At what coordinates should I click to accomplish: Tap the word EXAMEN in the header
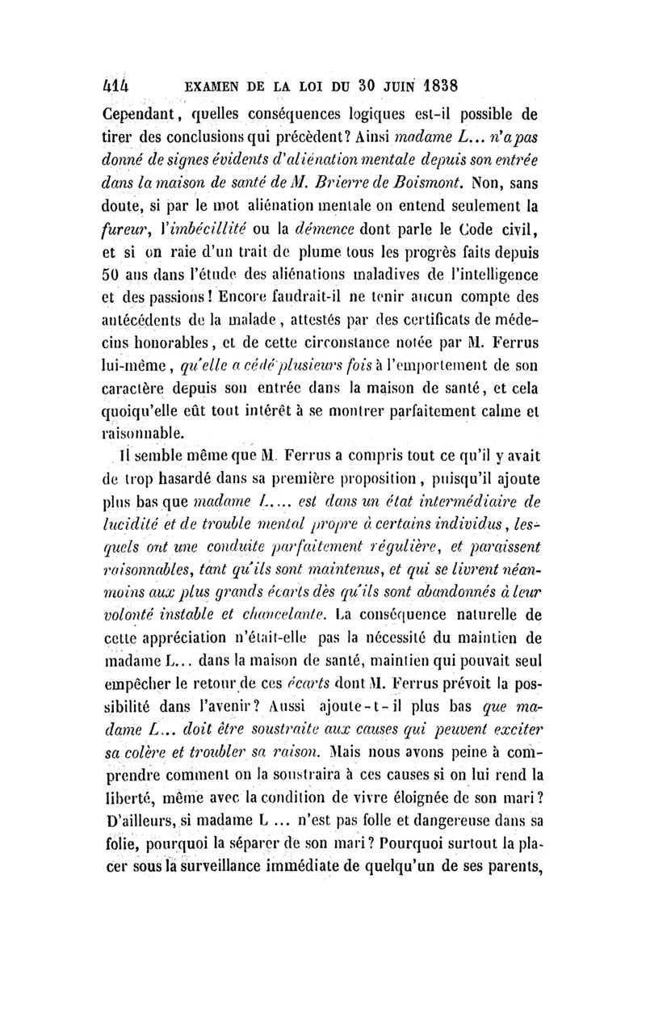click(x=220, y=83)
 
